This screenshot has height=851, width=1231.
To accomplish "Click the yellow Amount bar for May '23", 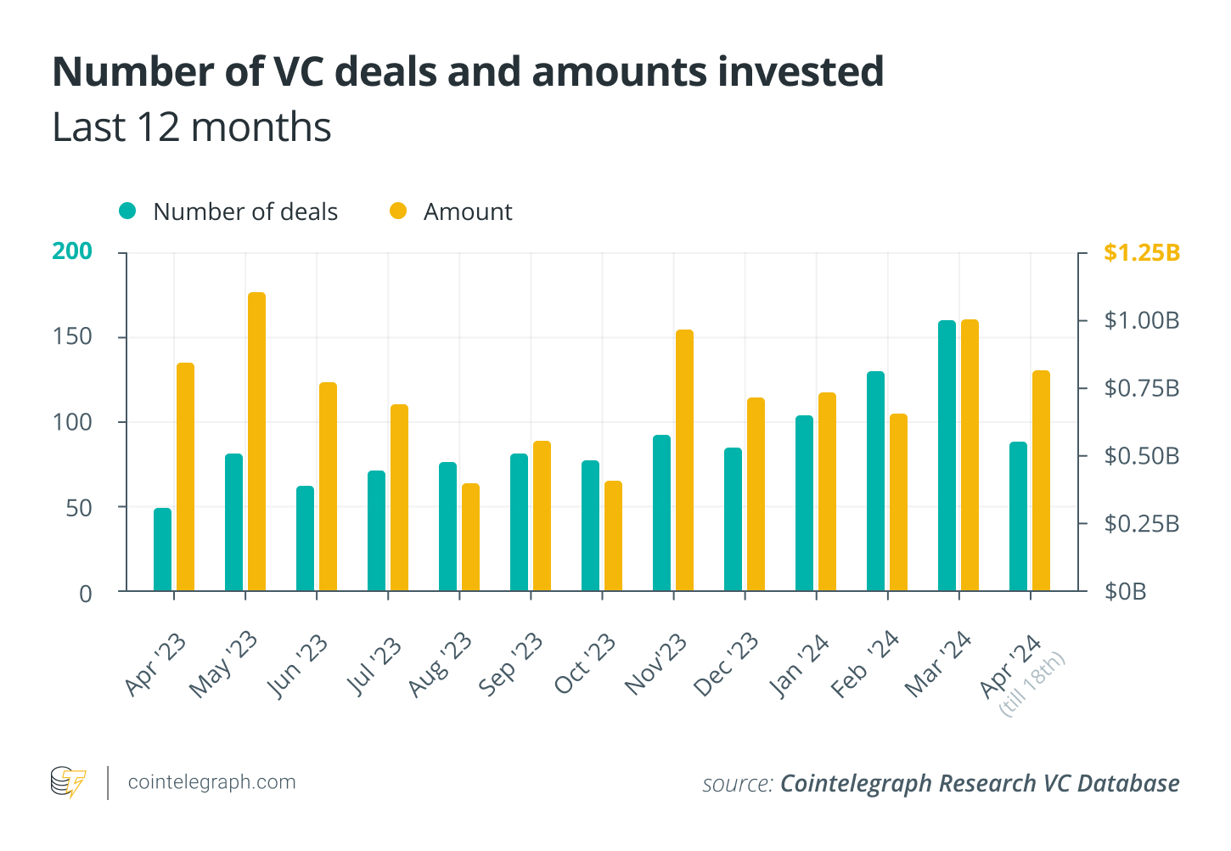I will [256, 442].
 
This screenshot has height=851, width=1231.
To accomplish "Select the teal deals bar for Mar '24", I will [947, 455].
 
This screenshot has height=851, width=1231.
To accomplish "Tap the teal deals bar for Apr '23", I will [162, 549].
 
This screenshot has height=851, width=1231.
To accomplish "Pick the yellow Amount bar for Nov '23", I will [684, 460].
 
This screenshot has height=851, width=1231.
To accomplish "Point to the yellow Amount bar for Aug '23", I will [470, 537].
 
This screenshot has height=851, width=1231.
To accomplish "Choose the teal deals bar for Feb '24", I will [875, 481].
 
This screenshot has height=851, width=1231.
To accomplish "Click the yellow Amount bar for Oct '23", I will [613, 536].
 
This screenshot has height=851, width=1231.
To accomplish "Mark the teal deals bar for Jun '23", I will [305, 538].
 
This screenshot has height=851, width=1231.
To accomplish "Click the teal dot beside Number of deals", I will [127, 211].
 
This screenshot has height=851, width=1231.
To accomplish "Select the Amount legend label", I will [468, 211].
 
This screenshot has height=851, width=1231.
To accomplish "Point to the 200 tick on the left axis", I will [72, 251].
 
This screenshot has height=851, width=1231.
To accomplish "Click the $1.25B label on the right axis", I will [1141, 252].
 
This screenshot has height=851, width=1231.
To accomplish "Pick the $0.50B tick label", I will [1141, 456].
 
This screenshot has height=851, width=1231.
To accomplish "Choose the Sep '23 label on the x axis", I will [511, 664].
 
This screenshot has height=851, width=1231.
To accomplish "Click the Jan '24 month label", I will [799, 665].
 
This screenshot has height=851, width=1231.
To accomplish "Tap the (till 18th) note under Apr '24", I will [1032, 685].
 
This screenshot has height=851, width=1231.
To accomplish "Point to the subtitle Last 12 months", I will [192, 127].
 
